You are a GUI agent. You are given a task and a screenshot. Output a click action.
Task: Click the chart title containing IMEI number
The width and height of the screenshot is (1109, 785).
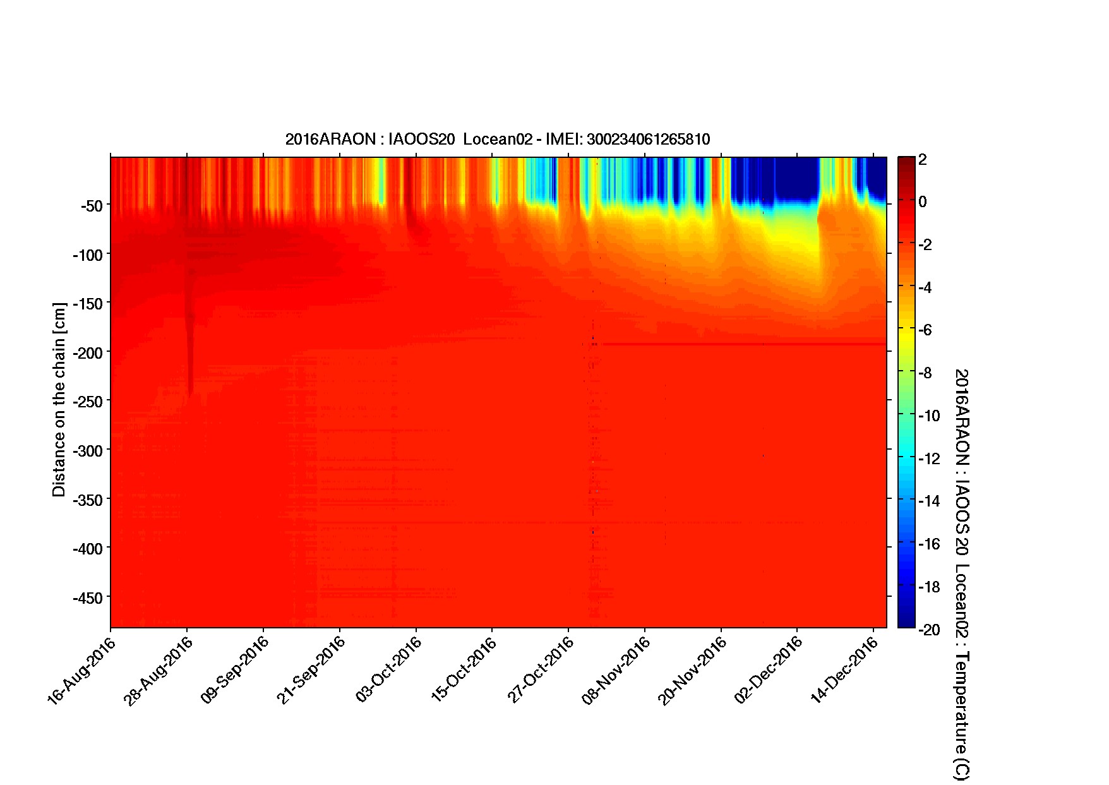click(x=497, y=140)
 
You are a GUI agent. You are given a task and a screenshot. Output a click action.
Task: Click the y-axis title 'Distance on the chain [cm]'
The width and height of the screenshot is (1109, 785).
click(x=59, y=400)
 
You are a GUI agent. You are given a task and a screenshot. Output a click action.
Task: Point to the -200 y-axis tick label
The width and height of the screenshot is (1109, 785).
click(x=87, y=352)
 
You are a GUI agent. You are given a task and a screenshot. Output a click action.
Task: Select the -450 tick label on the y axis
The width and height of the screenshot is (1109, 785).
click(x=87, y=597)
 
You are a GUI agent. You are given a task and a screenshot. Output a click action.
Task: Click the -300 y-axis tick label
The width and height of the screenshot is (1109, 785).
click(x=87, y=450)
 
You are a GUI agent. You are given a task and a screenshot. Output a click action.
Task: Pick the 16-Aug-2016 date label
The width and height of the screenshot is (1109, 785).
click(x=82, y=671)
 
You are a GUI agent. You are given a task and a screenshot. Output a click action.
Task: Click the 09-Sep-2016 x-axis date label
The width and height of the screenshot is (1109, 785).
click(x=235, y=671)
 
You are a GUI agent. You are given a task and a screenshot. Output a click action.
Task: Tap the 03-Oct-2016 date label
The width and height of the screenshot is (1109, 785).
click(x=388, y=671)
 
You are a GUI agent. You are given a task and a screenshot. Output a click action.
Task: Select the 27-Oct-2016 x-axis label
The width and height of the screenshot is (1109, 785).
click(x=541, y=671)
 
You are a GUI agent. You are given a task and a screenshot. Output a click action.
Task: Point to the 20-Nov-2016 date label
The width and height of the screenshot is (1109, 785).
click(x=693, y=671)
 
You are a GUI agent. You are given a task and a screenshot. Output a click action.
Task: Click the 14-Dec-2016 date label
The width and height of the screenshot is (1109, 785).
click(x=846, y=671)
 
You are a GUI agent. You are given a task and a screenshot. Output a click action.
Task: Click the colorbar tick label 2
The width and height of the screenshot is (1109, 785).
click(x=923, y=160)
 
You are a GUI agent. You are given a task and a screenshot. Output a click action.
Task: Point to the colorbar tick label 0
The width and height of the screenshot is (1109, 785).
click(x=923, y=202)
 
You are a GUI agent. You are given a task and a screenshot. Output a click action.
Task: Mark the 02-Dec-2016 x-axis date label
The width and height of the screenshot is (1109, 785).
click(x=769, y=671)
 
